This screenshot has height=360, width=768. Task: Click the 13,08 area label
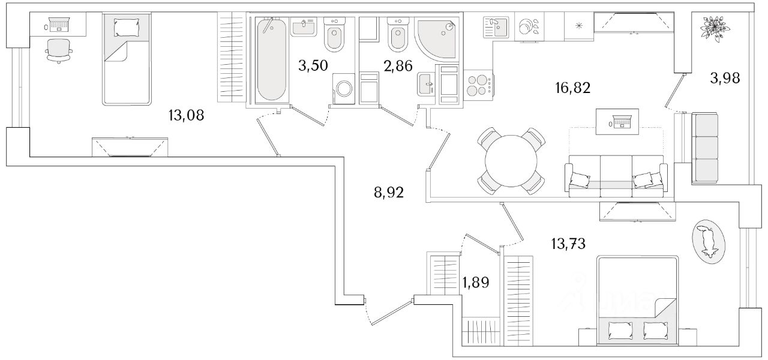tap(186, 115)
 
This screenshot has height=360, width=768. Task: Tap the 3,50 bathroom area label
tap(313, 65)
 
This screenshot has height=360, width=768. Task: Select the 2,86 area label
tap(398, 66)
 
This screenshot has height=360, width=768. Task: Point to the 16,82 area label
tap(573, 88)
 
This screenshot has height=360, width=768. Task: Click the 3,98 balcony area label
tap(725, 78)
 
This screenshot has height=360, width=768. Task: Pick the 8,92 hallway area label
tap(389, 193)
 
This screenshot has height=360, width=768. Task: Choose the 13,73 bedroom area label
tap(568, 244)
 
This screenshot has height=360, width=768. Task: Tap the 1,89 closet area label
tap(476, 283)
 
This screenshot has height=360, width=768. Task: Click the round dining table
tap(511, 161)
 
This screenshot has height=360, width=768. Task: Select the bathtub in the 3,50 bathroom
tap(271, 59)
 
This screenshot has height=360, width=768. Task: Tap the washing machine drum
tap(344, 89)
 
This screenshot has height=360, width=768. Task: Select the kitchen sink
tap(496, 27)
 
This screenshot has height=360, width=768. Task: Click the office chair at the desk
tap(59, 51)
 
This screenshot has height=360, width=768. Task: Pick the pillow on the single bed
tap(127, 27)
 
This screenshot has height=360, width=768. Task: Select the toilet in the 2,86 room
tap(398, 34)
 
